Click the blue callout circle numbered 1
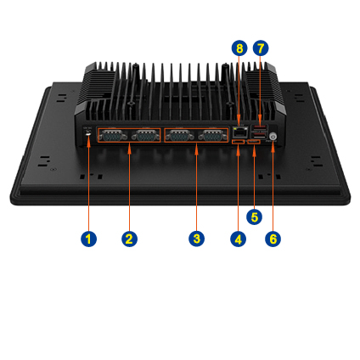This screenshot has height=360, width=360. point(88,239)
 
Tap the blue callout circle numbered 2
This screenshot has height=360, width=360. point(129,239)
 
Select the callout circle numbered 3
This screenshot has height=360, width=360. point(197,239)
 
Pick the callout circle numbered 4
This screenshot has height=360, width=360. point(239,239)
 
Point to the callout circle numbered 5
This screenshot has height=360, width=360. point(254,217)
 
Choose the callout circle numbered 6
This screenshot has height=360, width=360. point(273,239)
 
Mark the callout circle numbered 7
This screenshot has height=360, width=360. point(261,48)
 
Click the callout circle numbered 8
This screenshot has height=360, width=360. point(239,48)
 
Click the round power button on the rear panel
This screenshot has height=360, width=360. point(273,136)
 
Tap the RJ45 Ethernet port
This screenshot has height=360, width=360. point(239,131)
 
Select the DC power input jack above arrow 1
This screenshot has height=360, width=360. point(88,134)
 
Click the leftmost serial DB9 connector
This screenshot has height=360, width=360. point(113,135)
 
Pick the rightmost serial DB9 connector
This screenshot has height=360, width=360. point(212,135)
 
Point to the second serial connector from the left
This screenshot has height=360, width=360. point(145,135)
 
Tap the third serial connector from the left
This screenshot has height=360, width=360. point(180,135)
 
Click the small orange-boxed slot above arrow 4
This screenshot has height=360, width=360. point(238,141)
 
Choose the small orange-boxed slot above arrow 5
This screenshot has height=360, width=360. point(254,141)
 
